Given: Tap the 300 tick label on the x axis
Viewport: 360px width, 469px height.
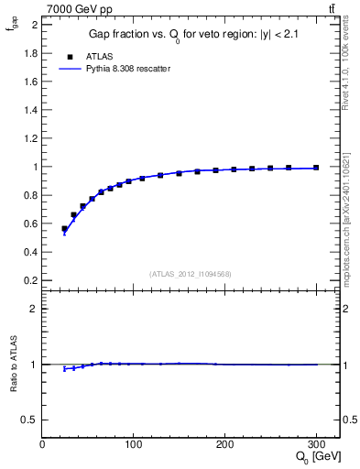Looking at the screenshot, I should click(x=316, y=444).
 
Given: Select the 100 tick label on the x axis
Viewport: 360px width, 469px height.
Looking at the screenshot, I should click(x=134, y=444).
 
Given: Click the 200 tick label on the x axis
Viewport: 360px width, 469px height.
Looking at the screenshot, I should click(x=225, y=444).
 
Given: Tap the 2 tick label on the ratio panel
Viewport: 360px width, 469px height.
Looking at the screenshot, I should click(x=36, y=309).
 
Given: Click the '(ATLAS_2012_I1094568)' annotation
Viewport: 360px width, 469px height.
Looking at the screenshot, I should click(x=191, y=274).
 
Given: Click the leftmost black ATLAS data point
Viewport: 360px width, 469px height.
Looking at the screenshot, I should click(x=64, y=229).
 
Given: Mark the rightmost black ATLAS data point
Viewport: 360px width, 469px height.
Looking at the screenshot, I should click(x=316, y=168).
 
